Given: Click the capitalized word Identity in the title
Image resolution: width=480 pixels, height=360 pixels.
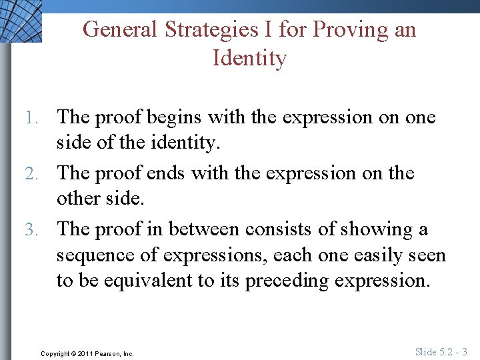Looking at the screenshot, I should pyautogui.click(x=249, y=58).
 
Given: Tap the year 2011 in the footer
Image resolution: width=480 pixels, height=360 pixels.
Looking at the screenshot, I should pyautogui.click(x=87, y=353).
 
